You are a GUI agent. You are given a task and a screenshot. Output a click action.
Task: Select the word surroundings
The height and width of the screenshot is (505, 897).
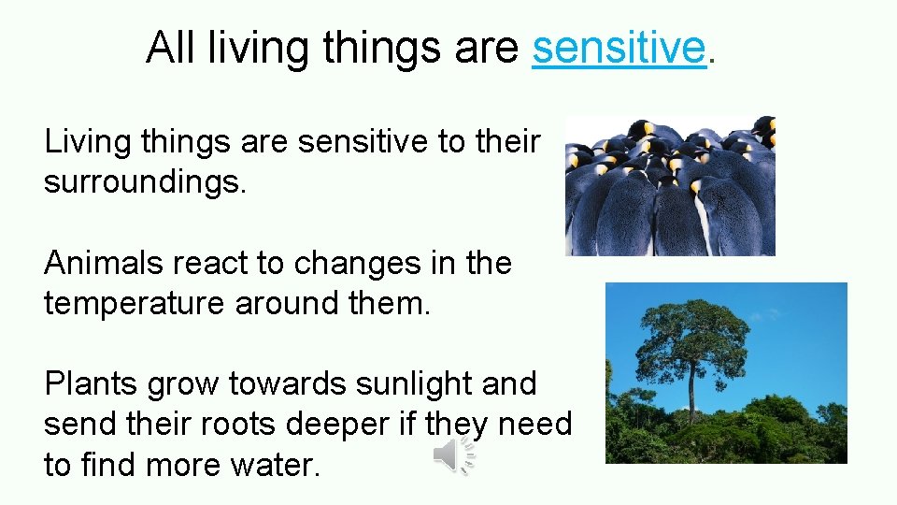coord(145,181)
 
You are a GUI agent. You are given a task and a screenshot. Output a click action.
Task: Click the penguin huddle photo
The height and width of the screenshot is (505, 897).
coord(670,186)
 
